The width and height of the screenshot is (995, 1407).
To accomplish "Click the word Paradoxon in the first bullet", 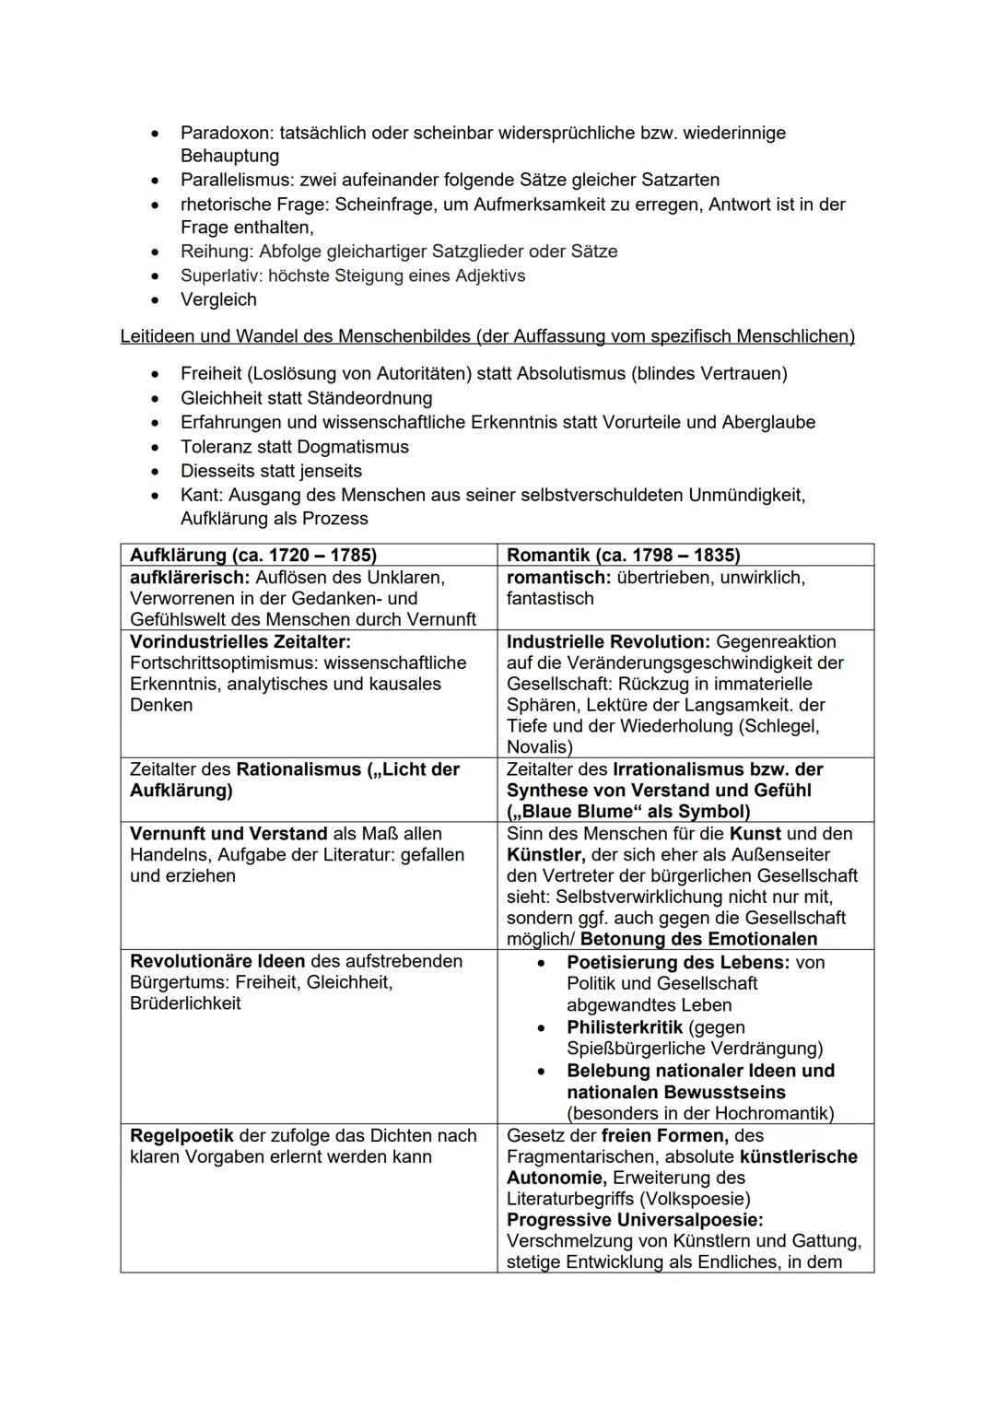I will pos(224,133).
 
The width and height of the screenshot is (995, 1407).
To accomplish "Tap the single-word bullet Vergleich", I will pos(218,299).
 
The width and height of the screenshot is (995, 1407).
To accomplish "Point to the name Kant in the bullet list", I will pos(200,495).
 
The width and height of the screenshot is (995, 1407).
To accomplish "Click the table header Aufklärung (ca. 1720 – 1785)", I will pos(253,555).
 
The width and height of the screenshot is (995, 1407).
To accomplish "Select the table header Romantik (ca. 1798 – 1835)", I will pos(624,555).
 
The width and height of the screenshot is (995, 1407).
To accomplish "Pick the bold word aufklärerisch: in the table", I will pos(190,578).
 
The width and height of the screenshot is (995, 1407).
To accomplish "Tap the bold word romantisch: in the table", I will pos(558,578).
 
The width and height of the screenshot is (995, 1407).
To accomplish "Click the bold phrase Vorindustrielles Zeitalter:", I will pos(240,641).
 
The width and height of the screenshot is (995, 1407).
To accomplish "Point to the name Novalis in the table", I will pos(537,747).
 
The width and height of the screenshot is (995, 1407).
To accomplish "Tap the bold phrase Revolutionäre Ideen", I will pos(217,961).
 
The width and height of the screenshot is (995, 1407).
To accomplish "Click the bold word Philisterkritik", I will pos(625,1027).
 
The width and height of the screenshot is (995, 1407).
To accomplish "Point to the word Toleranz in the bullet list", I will pos(218,447).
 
